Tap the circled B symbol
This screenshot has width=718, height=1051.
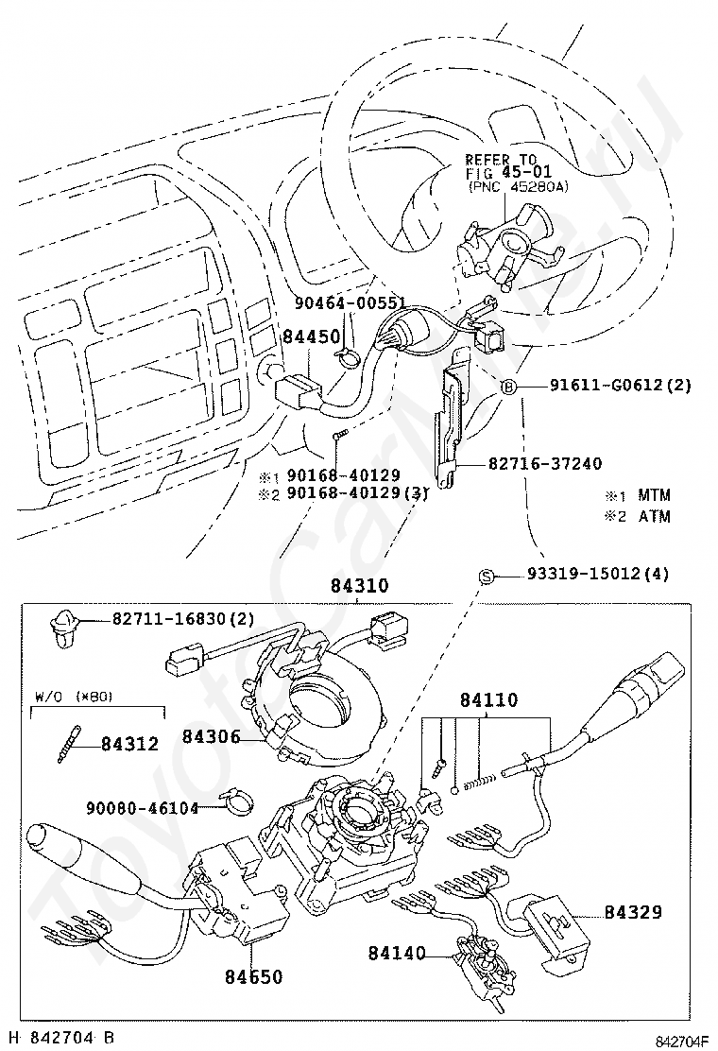(507, 386)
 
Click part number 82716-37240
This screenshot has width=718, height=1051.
(545, 463)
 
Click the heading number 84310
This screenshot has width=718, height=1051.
(358, 586)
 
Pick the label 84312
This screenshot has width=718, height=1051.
(131, 743)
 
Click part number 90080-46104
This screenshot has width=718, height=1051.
(142, 808)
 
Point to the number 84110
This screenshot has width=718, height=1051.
(488, 700)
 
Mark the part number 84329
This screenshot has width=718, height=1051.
(633, 912)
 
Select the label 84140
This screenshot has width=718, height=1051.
(396, 953)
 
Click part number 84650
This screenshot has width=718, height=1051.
(253, 976)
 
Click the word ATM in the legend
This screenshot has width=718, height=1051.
(654, 517)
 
